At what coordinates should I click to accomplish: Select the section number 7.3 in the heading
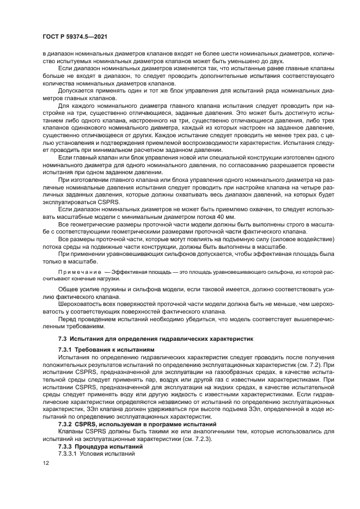pos(63,339)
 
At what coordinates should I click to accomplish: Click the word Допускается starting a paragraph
pos(76,91)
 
